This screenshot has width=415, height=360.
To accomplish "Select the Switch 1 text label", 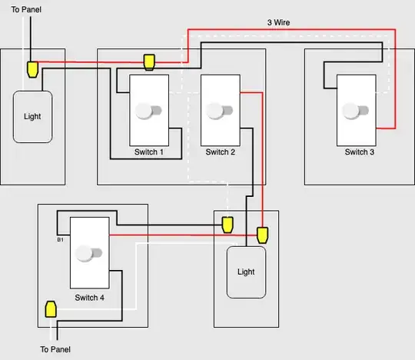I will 149,152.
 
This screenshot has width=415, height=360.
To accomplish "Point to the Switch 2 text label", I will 220,152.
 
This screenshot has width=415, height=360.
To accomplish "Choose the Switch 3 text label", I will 360,152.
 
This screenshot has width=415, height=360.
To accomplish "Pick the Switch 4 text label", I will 90,297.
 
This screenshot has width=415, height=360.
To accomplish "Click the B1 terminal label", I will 61,240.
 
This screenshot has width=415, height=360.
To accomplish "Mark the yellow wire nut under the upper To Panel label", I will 32,69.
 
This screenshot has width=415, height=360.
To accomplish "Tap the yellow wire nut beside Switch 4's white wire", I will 51,309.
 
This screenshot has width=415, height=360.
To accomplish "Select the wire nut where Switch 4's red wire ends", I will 262,234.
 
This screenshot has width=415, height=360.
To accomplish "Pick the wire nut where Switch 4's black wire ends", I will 227,225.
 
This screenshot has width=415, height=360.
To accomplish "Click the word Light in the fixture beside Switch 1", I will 33,117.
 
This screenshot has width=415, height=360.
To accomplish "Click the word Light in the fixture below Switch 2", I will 246,272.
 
